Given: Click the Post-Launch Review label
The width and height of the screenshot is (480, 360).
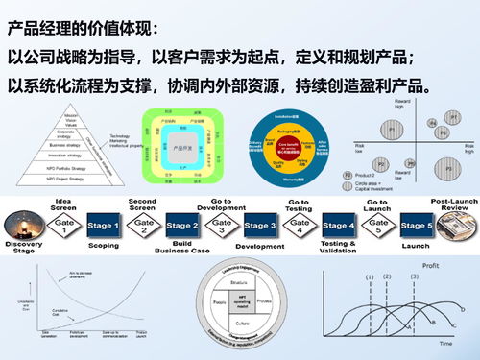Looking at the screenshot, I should point(455,204).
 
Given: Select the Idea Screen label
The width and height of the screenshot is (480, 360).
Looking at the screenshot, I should point(64,205).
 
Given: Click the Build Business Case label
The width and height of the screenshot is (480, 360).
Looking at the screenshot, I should point(181,248).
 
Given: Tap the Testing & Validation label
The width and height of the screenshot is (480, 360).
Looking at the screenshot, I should point(338,247).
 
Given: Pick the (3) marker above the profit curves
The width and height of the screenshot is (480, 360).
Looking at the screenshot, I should point(414,277).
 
